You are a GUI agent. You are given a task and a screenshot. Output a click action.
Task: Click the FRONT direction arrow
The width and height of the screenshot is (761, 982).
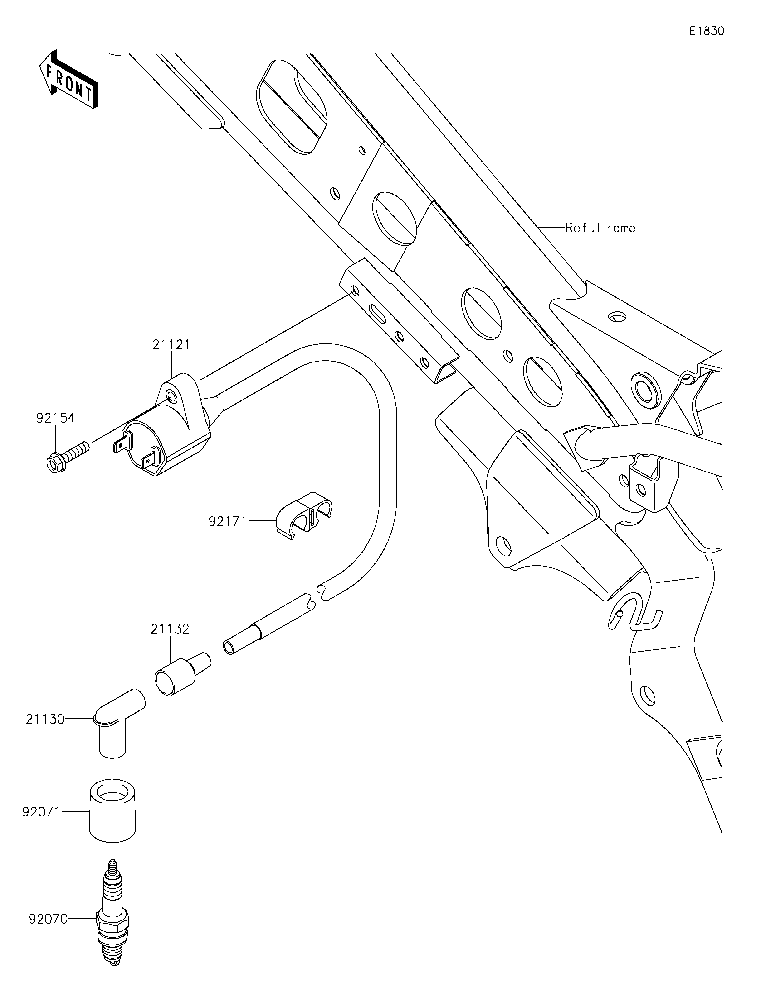[x=69, y=79]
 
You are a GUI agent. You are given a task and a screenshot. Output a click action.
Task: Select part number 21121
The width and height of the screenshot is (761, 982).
[x=171, y=345]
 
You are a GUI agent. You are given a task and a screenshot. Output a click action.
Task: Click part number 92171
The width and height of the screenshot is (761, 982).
[x=228, y=522]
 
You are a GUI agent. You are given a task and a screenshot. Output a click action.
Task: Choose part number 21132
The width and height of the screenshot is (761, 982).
[x=170, y=629]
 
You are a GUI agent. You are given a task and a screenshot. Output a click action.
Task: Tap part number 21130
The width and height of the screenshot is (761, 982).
[x=45, y=720]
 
